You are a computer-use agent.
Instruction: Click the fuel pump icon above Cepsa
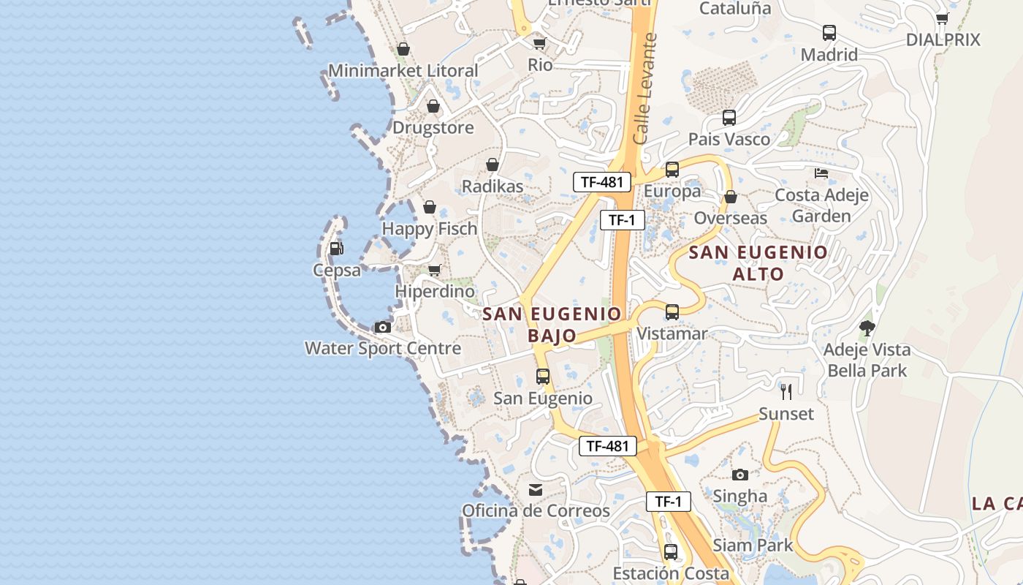[x=336, y=249]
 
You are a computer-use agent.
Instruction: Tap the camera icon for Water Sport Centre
[x=383, y=327]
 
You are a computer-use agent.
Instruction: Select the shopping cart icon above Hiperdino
[x=435, y=271]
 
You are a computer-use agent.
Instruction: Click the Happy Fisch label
[x=430, y=229]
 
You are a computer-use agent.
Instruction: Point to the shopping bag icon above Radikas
[x=493, y=165]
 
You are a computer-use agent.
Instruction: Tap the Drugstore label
[x=433, y=128]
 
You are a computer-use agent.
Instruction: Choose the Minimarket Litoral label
[x=403, y=71]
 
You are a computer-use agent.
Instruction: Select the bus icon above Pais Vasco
[x=729, y=117]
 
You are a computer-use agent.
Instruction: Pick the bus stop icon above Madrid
[x=829, y=33]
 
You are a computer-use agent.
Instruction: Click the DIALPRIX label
[x=943, y=40]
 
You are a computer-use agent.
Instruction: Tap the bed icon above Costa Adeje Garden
[x=821, y=173]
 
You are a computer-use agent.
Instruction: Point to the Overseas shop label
[x=731, y=218]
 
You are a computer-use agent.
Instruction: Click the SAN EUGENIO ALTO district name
[x=758, y=263]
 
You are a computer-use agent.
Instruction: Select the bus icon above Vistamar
[x=672, y=312]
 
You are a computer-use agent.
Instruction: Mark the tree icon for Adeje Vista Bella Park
[x=867, y=328]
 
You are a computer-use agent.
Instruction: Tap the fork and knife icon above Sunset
[x=786, y=392]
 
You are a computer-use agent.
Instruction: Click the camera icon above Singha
[x=740, y=475]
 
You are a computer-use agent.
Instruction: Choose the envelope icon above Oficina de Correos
[x=536, y=489]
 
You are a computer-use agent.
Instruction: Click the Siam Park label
[x=753, y=546]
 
